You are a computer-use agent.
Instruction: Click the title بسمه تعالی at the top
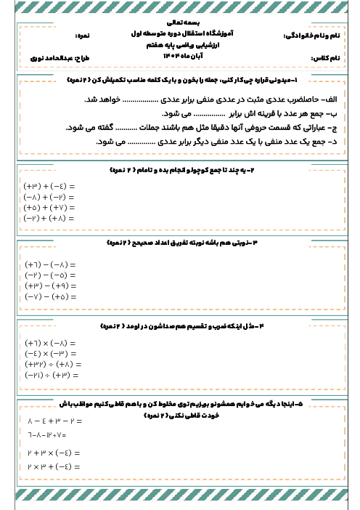point(180,23)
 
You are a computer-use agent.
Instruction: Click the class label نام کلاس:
point(324,56)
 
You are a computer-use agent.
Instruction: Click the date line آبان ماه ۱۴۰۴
point(180,54)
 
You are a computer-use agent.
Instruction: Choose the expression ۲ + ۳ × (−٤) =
point(52,452)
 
